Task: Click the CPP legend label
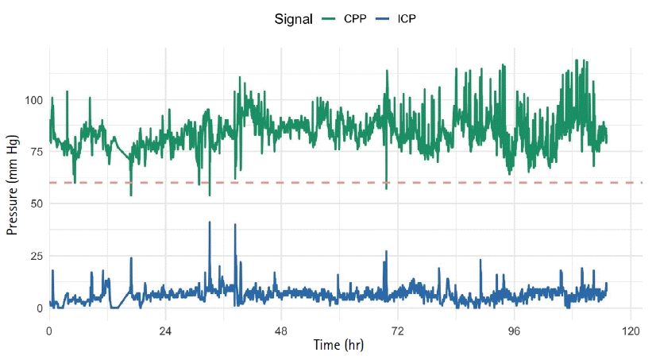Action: pos(354,17)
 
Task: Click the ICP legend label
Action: pos(406,17)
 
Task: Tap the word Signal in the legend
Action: pos(291,17)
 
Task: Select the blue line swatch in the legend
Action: pos(382,17)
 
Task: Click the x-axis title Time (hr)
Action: pos(338,346)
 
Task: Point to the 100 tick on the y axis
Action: pos(32,100)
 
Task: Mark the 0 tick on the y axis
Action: pos(38,308)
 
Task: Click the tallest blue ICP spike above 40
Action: pos(210,223)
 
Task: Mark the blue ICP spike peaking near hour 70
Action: pos(386,253)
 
